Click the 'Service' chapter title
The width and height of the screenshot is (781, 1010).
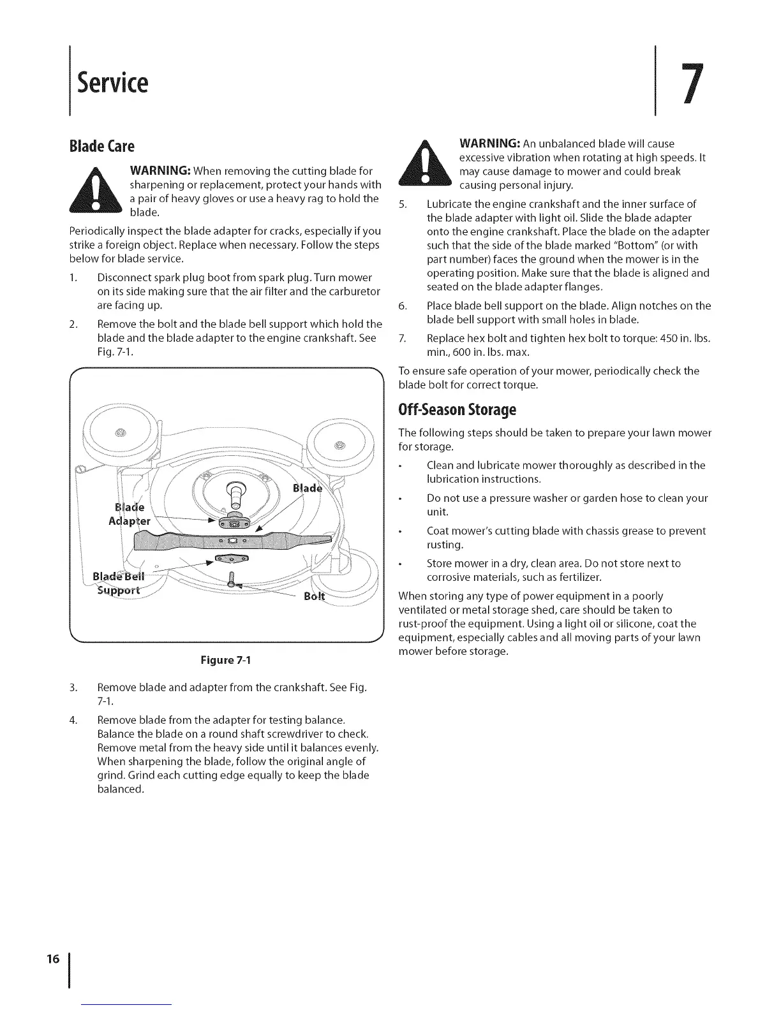[112, 82]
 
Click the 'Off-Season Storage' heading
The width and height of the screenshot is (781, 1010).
[457, 408]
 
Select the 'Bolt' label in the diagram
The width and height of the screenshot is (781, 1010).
[315, 597]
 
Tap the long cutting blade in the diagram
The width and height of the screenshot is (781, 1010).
[233, 541]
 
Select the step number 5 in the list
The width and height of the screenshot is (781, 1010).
[402, 204]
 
